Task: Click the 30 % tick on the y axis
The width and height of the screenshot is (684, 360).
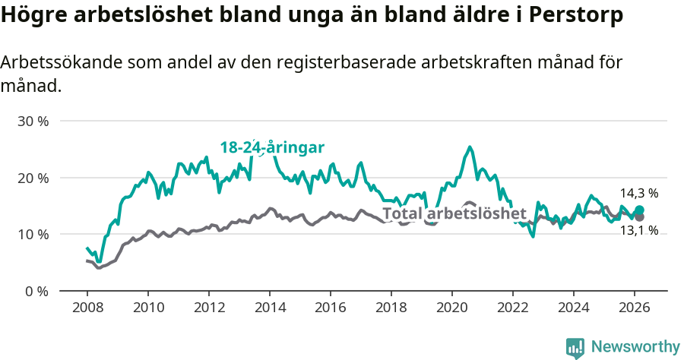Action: (x=33, y=122)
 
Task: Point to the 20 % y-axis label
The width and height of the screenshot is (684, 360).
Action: (x=33, y=178)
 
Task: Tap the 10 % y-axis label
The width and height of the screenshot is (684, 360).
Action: (x=33, y=234)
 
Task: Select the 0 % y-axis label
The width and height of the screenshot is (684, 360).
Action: (x=36, y=291)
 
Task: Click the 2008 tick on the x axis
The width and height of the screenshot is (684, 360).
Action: (x=87, y=308)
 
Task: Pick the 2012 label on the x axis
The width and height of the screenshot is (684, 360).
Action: (x=208, y=308)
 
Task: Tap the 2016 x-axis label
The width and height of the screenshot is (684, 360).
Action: (x=331, y=308)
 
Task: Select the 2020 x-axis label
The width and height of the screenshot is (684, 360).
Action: (x=452, y=308)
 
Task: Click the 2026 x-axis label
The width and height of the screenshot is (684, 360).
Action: (x=635, y=308)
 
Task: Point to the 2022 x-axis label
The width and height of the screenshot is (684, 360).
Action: (x=513, y=308)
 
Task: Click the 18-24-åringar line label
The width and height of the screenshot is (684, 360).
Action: (x=272, y=147)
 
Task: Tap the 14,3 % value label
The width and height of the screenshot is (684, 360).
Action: (x=638, y=194)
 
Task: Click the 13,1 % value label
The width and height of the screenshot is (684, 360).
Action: (x=638, y=230)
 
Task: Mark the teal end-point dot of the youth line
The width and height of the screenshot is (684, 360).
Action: (x=639, y=210)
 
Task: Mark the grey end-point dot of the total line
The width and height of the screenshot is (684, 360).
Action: (x=639, y=217)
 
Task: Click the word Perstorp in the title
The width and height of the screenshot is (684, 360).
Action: (x=578, y=14)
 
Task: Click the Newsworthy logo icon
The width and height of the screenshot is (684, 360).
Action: (x=575, y=348)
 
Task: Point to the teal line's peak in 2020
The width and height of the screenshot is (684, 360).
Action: (x=470, y=147)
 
